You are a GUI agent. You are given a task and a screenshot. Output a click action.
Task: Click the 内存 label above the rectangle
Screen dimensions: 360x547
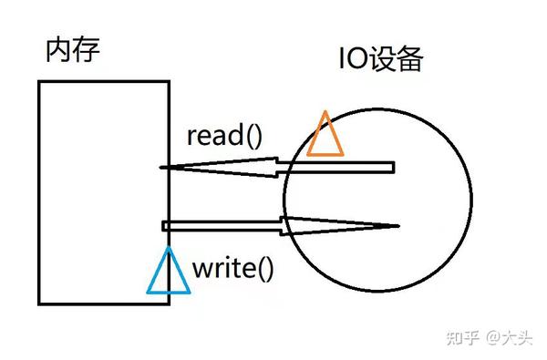72,49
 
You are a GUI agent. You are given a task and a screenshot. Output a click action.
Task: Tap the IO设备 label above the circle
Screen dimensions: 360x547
380,61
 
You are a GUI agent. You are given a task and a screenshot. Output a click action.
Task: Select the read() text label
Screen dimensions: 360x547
223,136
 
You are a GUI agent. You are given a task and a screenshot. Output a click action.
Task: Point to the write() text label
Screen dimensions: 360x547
233,269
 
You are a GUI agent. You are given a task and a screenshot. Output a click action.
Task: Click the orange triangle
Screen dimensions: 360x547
325,136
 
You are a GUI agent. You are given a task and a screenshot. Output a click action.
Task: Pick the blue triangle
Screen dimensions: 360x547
169,273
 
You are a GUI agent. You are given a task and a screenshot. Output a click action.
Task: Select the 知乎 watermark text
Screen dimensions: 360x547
461,336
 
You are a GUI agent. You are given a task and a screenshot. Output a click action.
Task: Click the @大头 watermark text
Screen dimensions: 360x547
507,336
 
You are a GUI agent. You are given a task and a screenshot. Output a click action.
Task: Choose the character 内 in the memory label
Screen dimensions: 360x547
58,49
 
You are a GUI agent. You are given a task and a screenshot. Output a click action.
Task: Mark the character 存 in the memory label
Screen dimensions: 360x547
86,49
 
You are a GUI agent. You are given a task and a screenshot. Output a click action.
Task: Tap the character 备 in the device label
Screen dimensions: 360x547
409,61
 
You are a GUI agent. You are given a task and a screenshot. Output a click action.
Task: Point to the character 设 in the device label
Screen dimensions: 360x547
381,61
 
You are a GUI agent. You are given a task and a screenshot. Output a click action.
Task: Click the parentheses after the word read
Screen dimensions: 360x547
252,137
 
